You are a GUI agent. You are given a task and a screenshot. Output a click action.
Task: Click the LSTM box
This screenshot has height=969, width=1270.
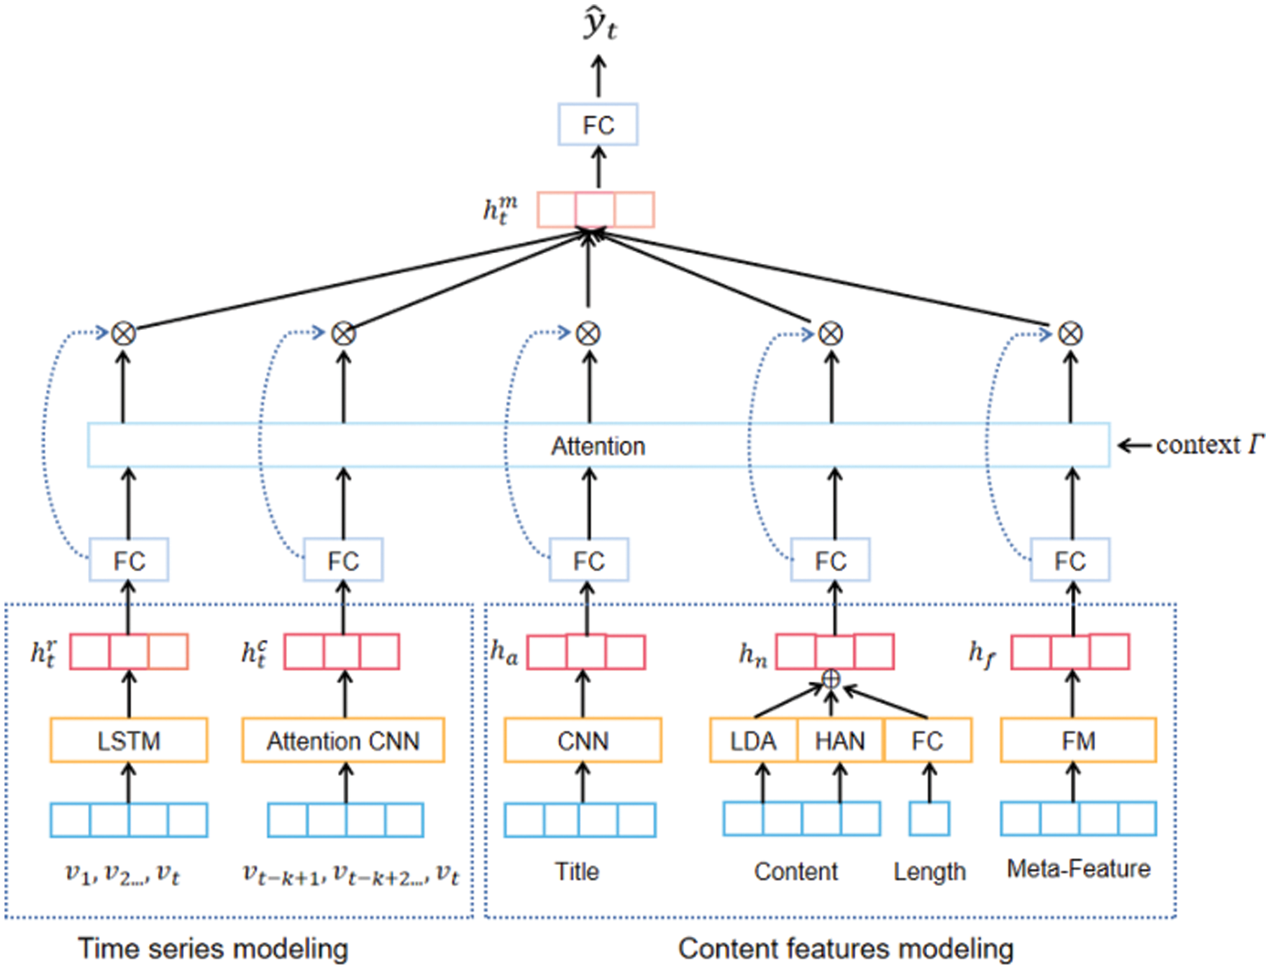pyautogui.click(x=129, y=741)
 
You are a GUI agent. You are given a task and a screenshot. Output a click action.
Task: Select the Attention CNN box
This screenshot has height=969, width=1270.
pyautogui.click(x=343, y=741)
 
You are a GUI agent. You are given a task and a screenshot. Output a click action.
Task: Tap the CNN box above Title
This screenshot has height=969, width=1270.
pyautogui.click(x=583, y=741)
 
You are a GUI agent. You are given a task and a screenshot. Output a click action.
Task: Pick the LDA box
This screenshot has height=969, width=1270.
pyautogui.click(x=753, y=741)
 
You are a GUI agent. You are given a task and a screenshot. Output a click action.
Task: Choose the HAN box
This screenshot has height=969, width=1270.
pyautogui.click(x=840, y=741)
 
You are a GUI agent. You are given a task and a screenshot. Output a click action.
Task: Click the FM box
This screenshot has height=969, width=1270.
pyautogui.click(x=1078, y=741)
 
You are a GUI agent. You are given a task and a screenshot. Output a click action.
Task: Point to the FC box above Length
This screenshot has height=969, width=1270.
pyautogui.click(x=928, y=741)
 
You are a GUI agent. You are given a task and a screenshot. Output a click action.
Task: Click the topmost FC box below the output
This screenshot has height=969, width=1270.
pyautogui.click(x=598, y=124)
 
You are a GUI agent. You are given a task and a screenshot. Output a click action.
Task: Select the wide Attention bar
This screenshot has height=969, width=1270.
pyautogui.click(x=598, y=445)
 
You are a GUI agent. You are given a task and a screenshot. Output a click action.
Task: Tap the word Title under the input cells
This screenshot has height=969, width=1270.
pyautogui.click(x=577, y=871)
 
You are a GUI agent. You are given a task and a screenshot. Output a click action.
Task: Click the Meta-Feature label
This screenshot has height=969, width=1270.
pyautogui.click(x=1078, y=868)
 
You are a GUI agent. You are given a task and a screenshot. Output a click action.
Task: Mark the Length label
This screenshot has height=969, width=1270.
pyautogui.click(x=929, y=871)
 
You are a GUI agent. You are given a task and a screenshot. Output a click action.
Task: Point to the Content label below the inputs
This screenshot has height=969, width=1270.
pyautogui.click(x=796, y=871)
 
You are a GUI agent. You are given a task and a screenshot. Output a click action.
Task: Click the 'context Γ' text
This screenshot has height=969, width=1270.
pyautogui.click(x=1209, y=444)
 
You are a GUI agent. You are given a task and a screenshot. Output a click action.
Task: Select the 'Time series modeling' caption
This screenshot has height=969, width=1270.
pyautogui.click(x=213, y=948)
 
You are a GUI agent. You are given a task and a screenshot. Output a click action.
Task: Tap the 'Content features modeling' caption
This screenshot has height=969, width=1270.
pyautogui.click(x=845, y=948)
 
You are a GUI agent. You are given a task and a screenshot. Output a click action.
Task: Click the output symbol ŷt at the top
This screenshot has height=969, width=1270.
pyautogui.click(x=599, y=25)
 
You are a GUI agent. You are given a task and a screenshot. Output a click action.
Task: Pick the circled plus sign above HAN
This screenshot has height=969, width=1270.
pyautogui.click(x=831, y=679)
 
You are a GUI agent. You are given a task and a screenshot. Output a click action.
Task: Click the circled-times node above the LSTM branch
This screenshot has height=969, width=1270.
pyautogui.click(x=124, y=333)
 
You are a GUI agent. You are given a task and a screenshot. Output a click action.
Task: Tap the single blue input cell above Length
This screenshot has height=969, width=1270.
pyautogui.click(x=929, y=819)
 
